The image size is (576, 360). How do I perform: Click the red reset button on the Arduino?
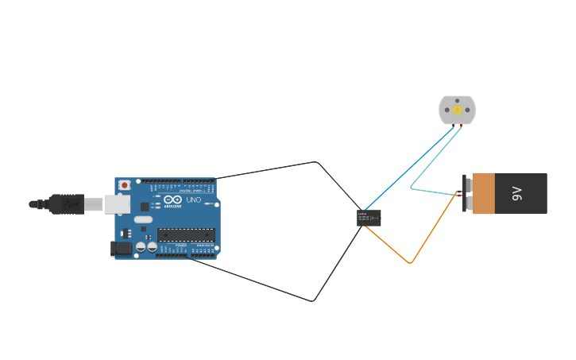(x=125, y=185)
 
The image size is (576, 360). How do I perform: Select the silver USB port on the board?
(x=116, y=204)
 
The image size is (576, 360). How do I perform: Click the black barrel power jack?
(x=121, y=248)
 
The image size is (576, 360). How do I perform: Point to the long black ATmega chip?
(x=186, y=234)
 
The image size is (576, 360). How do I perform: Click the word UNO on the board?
(x=193, y=199)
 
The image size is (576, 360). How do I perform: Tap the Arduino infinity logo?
(x=172, y=199)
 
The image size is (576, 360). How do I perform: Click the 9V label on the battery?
(x=517, y=193)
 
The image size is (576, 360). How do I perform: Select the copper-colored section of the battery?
(x=483, y=193)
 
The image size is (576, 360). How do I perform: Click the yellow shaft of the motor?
(x=457, y=110)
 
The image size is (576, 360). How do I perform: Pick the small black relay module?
(x=369, y=218)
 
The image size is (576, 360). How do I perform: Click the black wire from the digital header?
(x=270, y=169)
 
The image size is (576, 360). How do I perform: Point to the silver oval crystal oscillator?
(x=143, y=219)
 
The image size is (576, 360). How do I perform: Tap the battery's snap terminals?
(x=467, y=193)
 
